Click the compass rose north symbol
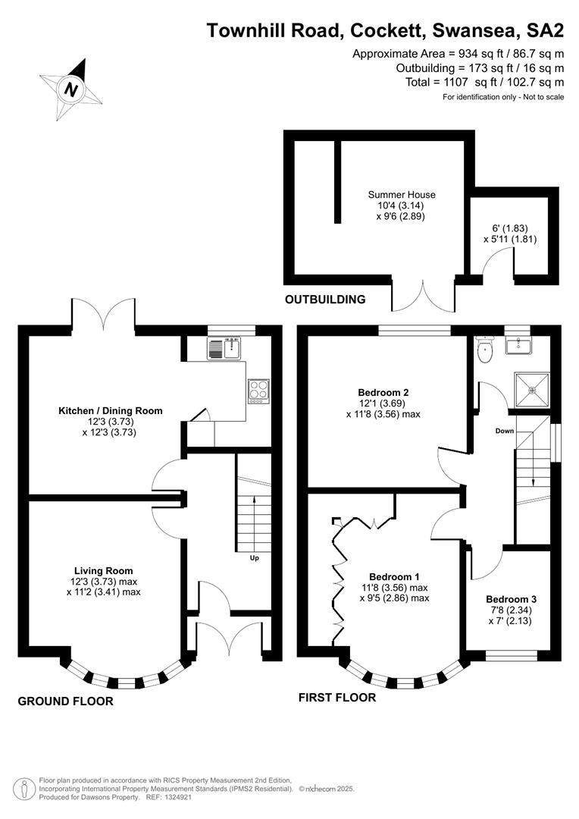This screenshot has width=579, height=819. tap(70, 89)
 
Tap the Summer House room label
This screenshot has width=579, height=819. tap(402, 195)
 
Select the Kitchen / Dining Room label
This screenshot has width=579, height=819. tap(110, 411)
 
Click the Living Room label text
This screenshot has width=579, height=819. tap(103, 571)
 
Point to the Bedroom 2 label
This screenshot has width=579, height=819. tap(383, 393)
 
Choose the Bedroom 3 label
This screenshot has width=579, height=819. tap(511, 600)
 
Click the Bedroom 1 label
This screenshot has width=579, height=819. tap(394, 577)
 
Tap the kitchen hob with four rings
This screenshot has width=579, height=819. tap(259, 391)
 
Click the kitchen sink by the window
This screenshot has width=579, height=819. tap(224, 349)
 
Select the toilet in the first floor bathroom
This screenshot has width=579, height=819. tap(486, 350)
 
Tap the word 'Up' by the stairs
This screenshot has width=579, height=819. tap(254, 558)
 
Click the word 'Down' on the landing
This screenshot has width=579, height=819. tap(505, 431)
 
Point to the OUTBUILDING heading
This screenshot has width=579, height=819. tap(325, 300)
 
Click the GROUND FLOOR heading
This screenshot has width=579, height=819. tap(65, 701)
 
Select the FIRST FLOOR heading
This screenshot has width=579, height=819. tap(337, 698)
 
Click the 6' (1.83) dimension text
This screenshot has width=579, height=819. tap(510, 228)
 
